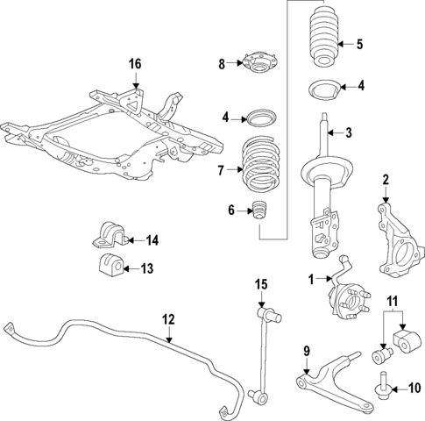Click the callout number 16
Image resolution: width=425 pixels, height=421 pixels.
[x=134, y=64]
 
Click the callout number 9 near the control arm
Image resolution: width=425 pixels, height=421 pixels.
[x=306, y=352]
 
